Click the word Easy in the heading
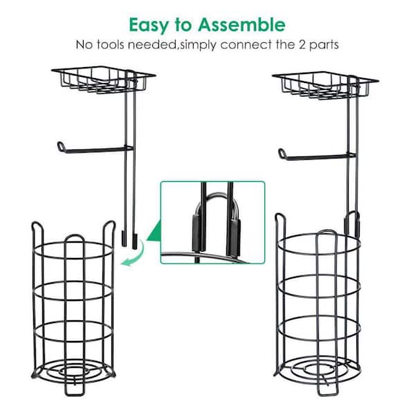(149, 26)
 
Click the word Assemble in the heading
(241, 24)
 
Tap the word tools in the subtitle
(111, 45)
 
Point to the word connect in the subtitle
(246, 45)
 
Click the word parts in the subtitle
(324, 45)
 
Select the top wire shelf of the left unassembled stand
(104, 79)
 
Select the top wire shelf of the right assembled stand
(325, 85)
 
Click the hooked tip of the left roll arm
(61, 146)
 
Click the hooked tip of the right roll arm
(282, 153)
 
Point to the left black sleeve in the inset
(196, 232)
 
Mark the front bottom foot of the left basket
(75, 391)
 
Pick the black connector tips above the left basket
(129, 240)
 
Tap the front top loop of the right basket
(326, 232)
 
